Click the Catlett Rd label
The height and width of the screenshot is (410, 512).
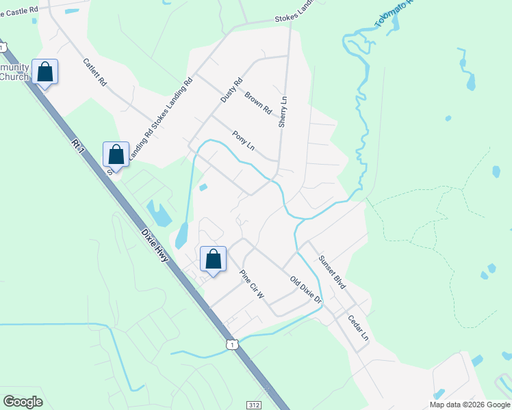tap(94, 71)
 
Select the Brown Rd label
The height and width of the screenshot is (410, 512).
tap(258, 103)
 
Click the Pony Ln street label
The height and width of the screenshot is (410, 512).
tap(243, 140)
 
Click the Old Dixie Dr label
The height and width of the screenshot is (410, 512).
tap(305, 290)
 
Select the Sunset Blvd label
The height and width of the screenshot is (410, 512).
tap(331, 271)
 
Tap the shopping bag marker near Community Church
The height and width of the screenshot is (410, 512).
tap(44, 72)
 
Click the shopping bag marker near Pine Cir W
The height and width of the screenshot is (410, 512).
tap(213, 259)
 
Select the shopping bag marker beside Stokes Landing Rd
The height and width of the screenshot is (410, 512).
tap(116, 154)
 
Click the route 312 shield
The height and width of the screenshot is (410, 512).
tap(255, 405)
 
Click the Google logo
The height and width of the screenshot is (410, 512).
tap(23, 402)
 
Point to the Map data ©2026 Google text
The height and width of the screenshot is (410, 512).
tap(470, 405)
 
